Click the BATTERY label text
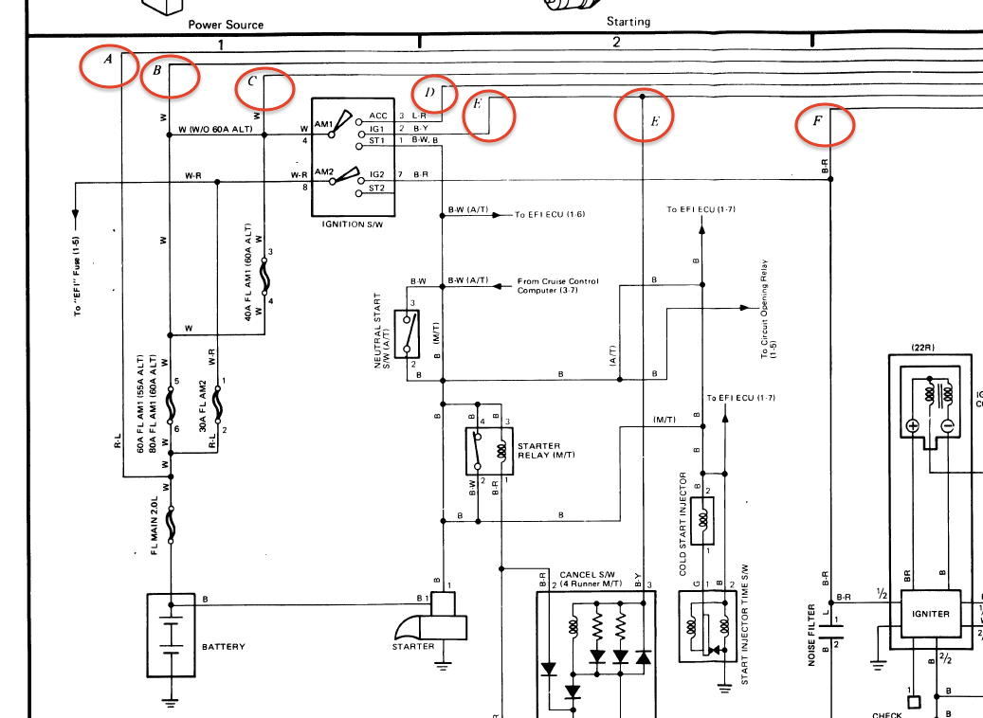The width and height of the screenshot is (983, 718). (223, 647)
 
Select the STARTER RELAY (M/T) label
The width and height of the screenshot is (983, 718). (545, 450)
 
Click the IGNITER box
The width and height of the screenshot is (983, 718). (930, 613)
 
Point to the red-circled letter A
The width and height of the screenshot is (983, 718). (108, 60)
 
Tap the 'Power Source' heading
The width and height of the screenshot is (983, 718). (226, 25)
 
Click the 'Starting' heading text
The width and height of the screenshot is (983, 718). (628, 22)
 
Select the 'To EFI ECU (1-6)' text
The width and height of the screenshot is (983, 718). (550, 215)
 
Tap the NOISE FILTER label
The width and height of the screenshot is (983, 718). (812, 635)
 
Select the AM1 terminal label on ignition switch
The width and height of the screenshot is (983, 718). (323, 125)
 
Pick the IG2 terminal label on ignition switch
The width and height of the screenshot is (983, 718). (376, 175)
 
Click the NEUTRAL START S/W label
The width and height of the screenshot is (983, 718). (383, 332)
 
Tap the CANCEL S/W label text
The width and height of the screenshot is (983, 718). (590, 575)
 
